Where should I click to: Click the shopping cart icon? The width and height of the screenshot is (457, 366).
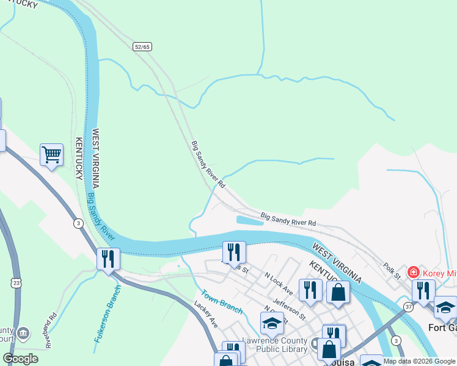(52, 154)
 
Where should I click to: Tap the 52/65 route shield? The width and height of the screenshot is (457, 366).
(142, 46)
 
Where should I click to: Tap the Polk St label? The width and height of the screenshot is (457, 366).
(392, 272)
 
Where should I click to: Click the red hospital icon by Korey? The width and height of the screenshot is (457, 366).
(414, 271)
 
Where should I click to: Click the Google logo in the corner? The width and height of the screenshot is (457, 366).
(20, 359)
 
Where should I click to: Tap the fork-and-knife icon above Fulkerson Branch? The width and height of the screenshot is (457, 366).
(108, 259)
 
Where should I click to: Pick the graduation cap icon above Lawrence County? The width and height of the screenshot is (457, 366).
(272, 323)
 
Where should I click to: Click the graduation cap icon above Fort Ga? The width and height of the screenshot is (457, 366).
(445, 307)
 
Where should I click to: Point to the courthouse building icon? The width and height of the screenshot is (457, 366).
(23, 333)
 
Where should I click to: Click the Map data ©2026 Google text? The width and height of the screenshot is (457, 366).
(419, 361)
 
